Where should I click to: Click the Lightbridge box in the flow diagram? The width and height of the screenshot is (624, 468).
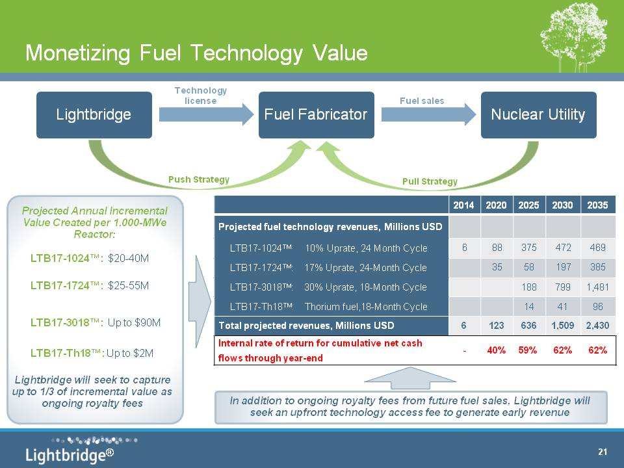[x=94, y=115]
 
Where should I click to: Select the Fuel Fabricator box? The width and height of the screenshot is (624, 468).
[x=317, y=115]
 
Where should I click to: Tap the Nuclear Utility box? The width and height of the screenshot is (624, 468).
[x=538, y=115]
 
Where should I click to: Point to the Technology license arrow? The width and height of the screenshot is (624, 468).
[x=206, y=114]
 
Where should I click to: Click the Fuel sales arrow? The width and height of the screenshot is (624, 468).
[x=428, y=114]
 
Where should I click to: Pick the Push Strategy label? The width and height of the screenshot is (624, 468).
[x=199, y=179]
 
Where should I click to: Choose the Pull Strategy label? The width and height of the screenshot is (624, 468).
[x=430, y=181]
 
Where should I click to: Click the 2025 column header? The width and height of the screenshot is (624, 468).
[x=528, y=205]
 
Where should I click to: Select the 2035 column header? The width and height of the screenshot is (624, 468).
[x=598, y=205]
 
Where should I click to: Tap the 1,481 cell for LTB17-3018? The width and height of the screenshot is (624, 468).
[x=598, y=287]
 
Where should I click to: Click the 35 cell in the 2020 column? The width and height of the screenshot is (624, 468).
[x=497, y=267]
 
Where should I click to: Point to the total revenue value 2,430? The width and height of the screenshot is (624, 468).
[x=598, y=326]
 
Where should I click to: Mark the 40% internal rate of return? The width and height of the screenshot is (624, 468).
[x=496, y=350]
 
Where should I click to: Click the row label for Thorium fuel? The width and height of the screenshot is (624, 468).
[x=328, y=306]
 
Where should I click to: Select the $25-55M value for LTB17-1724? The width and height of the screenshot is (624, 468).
[x=128, y=285]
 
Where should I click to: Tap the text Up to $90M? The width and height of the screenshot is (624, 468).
[x=134, y=322]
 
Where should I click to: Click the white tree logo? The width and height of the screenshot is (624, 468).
[x=573, y=37]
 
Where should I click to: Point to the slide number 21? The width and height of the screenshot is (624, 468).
[x=603, y=452]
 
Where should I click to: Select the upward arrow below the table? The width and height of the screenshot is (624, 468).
[x=410, y=378]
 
